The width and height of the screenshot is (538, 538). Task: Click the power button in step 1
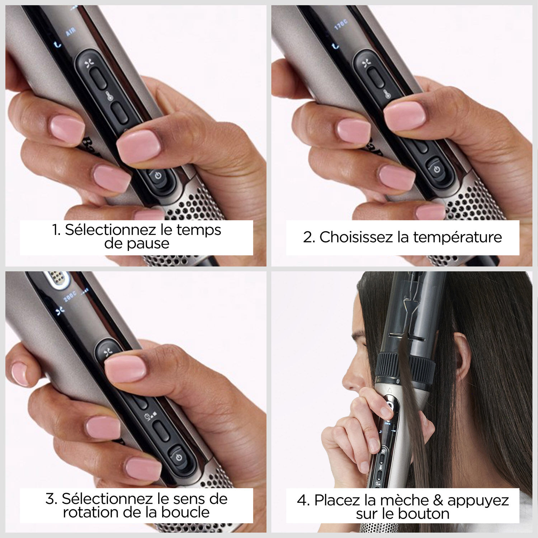(x=158, y=176)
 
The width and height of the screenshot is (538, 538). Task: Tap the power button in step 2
(x=436, y=169)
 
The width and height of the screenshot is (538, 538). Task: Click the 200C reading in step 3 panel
(x=71, y=296)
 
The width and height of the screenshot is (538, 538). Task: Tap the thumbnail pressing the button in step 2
(x=405, y=115)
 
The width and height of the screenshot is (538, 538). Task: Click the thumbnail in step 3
(x=125, y=369)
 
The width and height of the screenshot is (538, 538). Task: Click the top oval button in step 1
(x=98, y=77)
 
